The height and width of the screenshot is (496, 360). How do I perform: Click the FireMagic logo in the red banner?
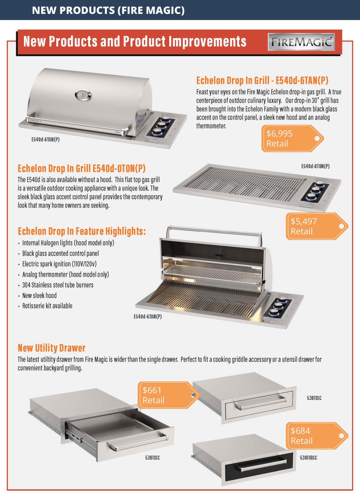(x=301, y=42)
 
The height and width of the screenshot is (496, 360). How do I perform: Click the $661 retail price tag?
(x=169, y=395)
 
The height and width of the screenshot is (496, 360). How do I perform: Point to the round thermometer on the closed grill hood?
(x=83, y=95)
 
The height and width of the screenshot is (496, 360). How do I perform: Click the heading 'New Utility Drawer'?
(x=51, y=348)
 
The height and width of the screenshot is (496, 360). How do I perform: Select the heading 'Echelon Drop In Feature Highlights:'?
(x=82, y=231)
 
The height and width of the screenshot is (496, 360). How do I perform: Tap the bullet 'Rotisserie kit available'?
(x=47, y=306)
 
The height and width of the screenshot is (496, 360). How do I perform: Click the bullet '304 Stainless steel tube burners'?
(x=58, y=285)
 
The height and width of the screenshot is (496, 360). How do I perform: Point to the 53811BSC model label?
(x=308, y=457)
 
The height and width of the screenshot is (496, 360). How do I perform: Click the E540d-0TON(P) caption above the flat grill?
(x=315, y=166)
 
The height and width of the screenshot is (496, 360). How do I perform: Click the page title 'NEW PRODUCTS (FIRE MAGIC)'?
(x=108, y=10)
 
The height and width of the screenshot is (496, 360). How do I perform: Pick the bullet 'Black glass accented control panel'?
(x=60, y=253)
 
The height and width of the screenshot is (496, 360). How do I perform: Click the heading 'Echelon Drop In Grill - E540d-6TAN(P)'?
(x=262, y=80)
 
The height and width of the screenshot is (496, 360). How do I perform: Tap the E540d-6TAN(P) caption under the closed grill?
(x=45, y=139)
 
